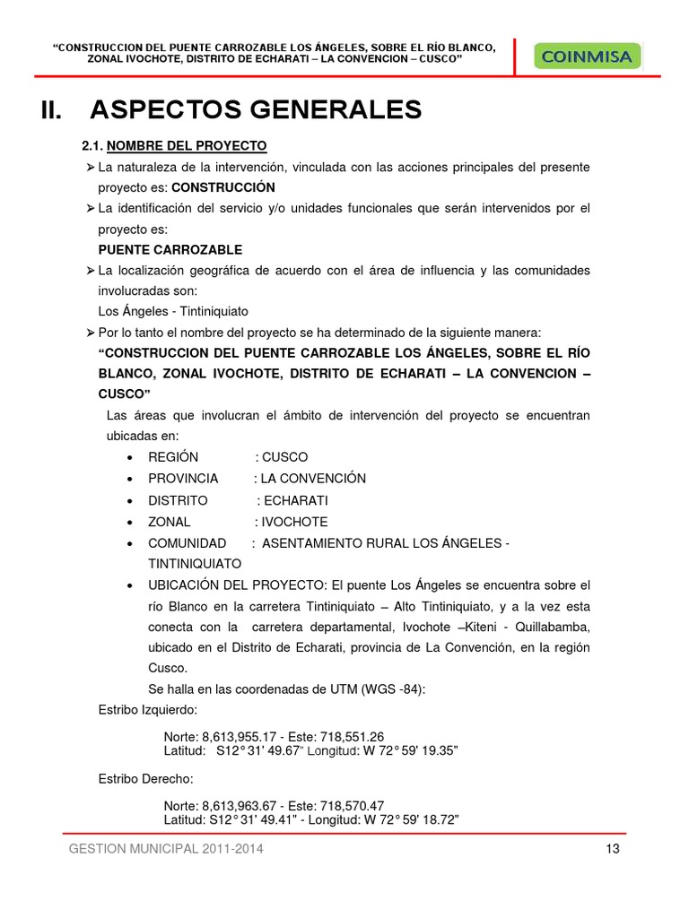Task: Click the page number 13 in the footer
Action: point(614,850)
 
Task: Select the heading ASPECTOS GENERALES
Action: point(256,109)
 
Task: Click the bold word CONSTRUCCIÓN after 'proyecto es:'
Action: point(223,188)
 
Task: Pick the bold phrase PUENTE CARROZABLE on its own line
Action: point(170,250)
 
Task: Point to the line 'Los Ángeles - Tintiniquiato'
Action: point(173,312)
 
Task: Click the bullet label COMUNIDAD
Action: point(188,543)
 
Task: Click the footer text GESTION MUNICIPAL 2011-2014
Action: point(166,850)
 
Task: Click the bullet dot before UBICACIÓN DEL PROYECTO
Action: point(132,585)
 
